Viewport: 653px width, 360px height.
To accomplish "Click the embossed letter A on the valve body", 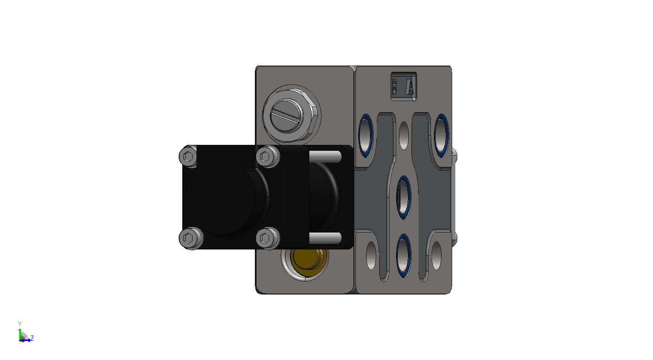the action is [x=410, y=87].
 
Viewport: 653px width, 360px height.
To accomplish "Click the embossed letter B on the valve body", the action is [x=394, y=87].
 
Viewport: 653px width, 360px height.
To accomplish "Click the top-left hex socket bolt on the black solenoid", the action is [x=188, y=157].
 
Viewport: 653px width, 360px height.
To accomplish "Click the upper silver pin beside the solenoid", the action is [x=325, y=157].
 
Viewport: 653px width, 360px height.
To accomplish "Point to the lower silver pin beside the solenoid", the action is [x=325, y=238].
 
